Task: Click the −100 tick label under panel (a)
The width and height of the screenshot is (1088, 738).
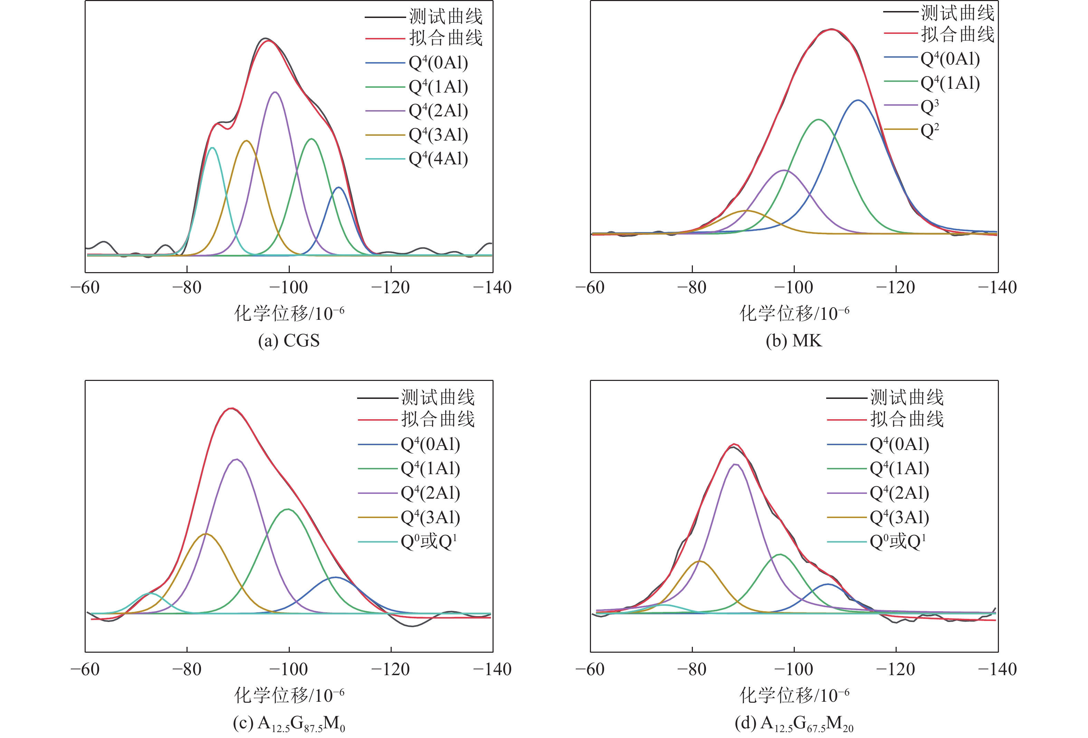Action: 288,287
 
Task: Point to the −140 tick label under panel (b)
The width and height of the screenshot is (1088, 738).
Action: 997,287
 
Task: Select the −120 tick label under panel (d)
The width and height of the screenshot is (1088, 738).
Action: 895,669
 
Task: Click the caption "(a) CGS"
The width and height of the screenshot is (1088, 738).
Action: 289,341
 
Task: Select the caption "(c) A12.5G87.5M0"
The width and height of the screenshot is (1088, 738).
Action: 289,724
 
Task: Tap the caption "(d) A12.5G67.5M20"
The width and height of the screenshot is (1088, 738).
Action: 794,724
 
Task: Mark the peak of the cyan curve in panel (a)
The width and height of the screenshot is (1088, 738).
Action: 212,148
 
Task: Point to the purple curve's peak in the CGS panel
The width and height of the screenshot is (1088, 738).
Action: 275,92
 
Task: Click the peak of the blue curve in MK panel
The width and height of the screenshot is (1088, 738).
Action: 858,100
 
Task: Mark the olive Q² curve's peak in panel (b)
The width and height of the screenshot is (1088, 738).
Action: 746,211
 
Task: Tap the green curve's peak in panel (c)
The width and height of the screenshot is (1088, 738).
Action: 288,509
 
